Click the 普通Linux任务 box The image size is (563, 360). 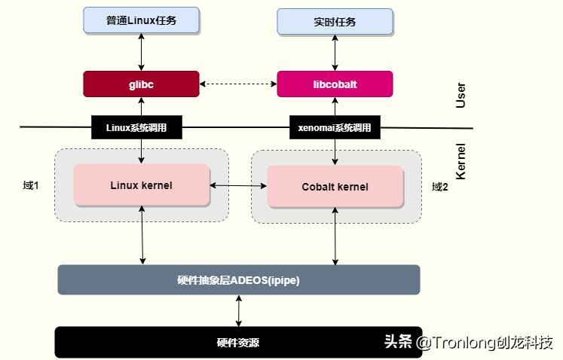141,21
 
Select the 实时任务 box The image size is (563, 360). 335,22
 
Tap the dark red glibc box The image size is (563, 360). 141,84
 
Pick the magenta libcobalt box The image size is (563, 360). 335,84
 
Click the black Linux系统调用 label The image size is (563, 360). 138,128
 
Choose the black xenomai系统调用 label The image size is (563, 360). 335,128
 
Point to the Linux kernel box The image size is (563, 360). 141,185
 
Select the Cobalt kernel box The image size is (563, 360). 335,186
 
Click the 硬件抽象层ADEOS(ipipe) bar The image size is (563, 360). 238,279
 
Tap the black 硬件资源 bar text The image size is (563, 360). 238,343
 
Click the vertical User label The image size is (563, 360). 461,96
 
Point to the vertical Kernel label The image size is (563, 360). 461,160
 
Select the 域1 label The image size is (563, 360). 31,185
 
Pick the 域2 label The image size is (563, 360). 440,186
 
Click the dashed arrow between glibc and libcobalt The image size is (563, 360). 238,84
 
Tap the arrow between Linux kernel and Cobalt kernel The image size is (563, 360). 238,185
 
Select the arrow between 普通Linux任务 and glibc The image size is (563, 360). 141,53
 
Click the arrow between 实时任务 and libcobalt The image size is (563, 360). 335,53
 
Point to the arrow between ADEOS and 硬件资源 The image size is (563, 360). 239,310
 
